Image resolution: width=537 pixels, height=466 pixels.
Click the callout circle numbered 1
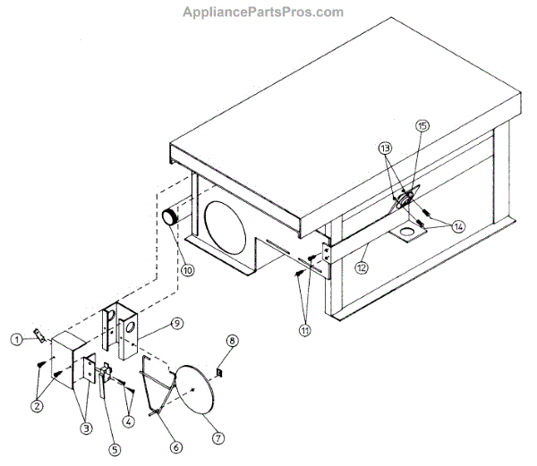tap(16, 339)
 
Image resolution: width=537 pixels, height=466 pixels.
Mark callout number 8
tap(232, 341)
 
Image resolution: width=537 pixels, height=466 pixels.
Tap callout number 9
tap(177, 322)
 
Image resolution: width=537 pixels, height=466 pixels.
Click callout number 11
tap(306, 330)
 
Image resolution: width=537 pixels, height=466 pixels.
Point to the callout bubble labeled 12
tap(362, 266)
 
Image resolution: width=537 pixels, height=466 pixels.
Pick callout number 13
tap(384, 147)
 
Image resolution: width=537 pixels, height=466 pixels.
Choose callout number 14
tap(457, 226)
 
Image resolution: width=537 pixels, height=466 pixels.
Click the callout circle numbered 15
tap(422, 126)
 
